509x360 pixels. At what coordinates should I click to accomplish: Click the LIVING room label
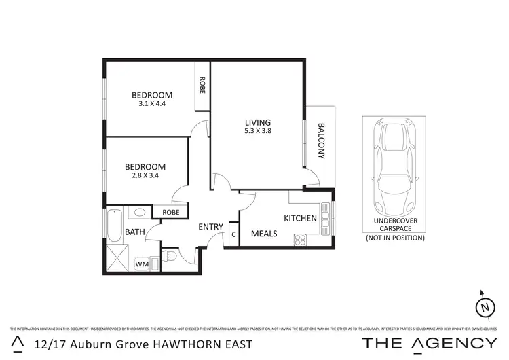[x=257, y=122]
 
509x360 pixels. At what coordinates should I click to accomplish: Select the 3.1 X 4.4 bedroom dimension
[x=152, y=104]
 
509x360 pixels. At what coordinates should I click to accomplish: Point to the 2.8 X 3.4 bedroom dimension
[x=145, y=175]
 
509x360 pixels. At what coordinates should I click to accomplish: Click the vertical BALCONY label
[x=322, y=141]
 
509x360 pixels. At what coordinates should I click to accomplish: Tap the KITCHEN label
[x=300, y=218]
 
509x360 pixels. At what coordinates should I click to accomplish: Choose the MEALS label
[x=263, y=234]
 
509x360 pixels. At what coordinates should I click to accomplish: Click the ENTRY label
[x=211, y=228]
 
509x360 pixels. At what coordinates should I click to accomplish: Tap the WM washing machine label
[x=142, y=264]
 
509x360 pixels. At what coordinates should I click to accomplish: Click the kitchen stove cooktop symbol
[x=300, y=239]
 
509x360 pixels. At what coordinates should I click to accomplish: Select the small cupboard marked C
[x=234, y=234]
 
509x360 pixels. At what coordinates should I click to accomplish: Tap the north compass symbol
[x=485, y=307]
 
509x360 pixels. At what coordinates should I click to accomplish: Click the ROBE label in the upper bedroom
[x=202, y=84]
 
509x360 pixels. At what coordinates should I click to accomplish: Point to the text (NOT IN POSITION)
[x=394, y=238]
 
